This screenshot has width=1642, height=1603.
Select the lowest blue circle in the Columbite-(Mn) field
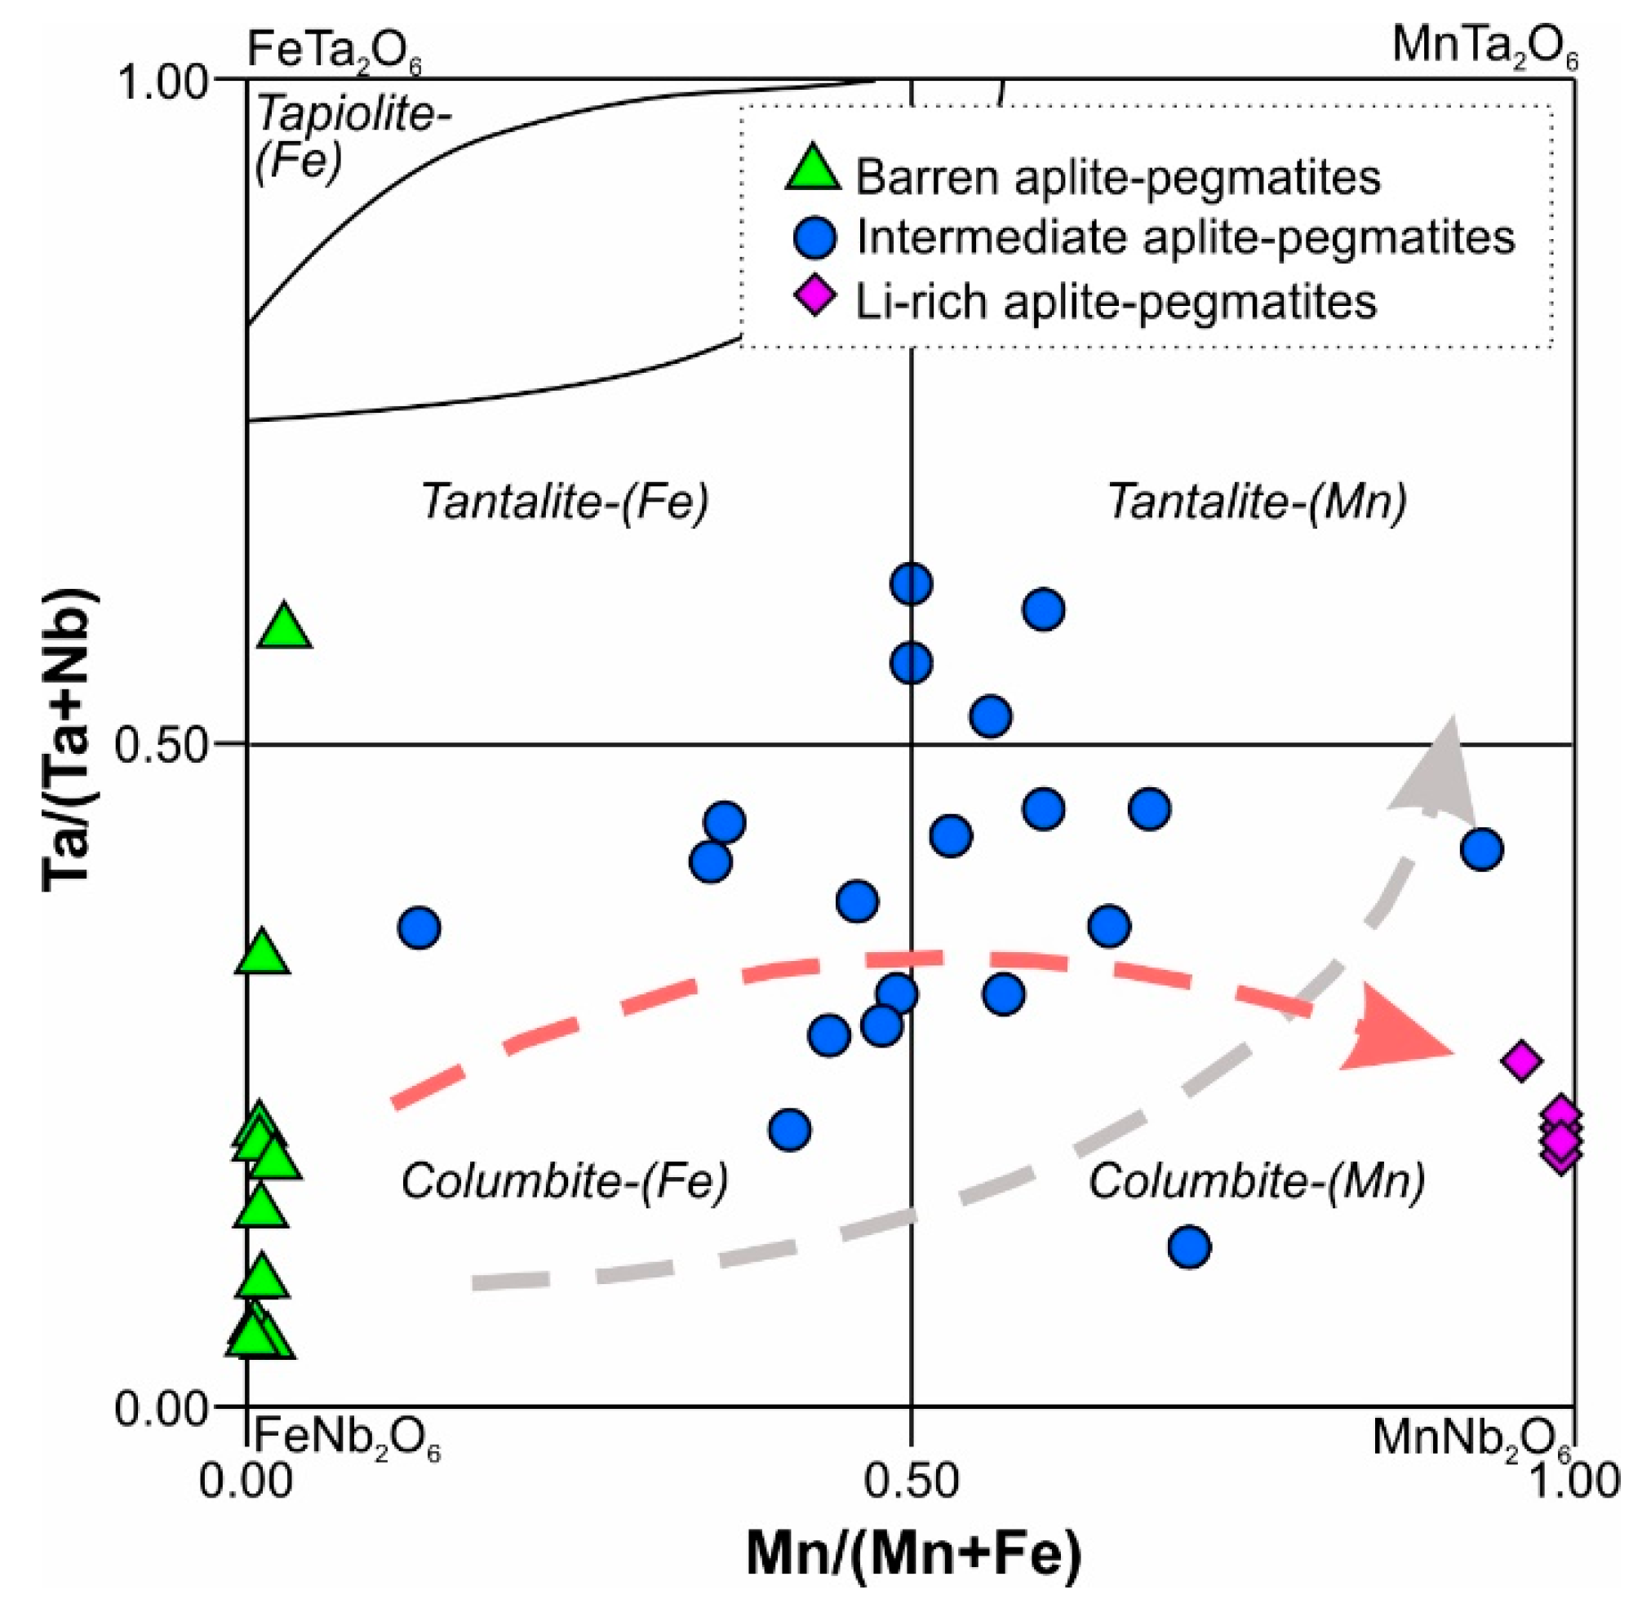pyautogui.click(x=1189, y=1247)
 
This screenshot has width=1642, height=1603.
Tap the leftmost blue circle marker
pyautogui.click(x=419, y=928)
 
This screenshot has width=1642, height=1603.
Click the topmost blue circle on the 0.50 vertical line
pyautogui.click(x=910, y=583)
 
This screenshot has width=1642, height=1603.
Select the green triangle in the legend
pyautogui.click(x=813, y=170)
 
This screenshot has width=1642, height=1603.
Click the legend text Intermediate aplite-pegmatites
pyautogui.click(x=1185, y=238)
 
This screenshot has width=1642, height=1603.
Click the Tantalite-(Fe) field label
pyautogui.click(x=565, y=502)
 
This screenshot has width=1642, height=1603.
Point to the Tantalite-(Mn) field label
pyautogui.click(x=1256, y=502)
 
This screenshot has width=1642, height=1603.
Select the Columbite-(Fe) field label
pyautogui.click(x=564, y=1181)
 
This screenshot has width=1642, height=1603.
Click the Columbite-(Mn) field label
pyautogui.click(x=1256, y=1181)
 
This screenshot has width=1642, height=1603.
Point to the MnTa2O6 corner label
pyautogui.click(x=1484, y=47)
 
